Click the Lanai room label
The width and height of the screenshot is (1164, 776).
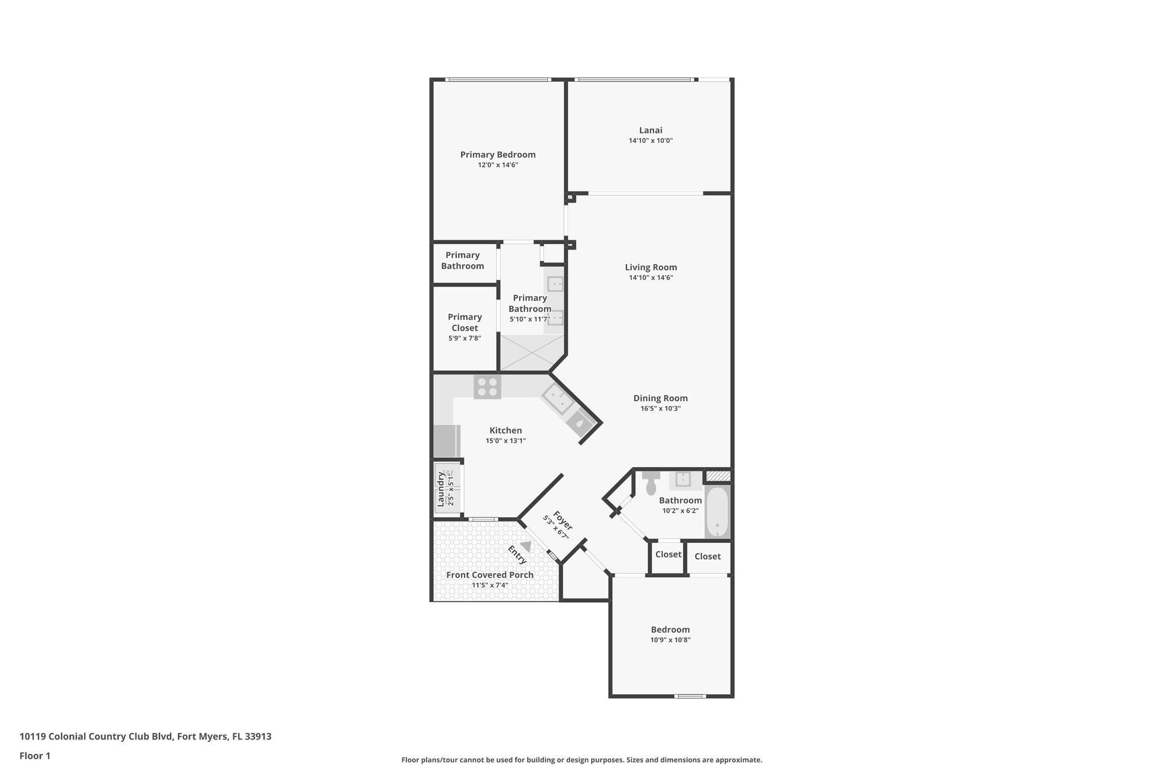(650, 130)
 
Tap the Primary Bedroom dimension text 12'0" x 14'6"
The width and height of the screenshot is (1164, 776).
(498, 165)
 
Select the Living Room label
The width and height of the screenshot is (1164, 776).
(651, 267)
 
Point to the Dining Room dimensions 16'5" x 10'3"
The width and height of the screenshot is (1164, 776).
(660, 408)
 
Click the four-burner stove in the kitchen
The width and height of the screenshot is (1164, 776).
(487, 387)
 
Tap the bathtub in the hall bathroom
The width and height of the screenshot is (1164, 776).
(717, 512)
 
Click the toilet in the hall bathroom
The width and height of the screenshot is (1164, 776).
(651, 484)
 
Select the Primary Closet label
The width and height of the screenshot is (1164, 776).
(464, 322)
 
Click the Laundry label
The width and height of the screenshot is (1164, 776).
(440, 489)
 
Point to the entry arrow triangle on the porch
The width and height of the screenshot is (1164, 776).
(526, 546)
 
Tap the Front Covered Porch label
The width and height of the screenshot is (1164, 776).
(489, 575)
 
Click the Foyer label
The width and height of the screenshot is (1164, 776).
(563, 521)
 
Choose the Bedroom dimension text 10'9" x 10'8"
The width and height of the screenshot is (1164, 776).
(670, 640)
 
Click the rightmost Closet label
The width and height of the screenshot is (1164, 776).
(707, 557)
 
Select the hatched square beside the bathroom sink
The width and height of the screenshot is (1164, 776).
(717, 475)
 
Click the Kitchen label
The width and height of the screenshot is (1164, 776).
(505, 430)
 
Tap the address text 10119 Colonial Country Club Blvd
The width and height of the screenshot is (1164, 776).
(96, 736)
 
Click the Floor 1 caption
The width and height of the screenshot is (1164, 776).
(35, 756)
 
